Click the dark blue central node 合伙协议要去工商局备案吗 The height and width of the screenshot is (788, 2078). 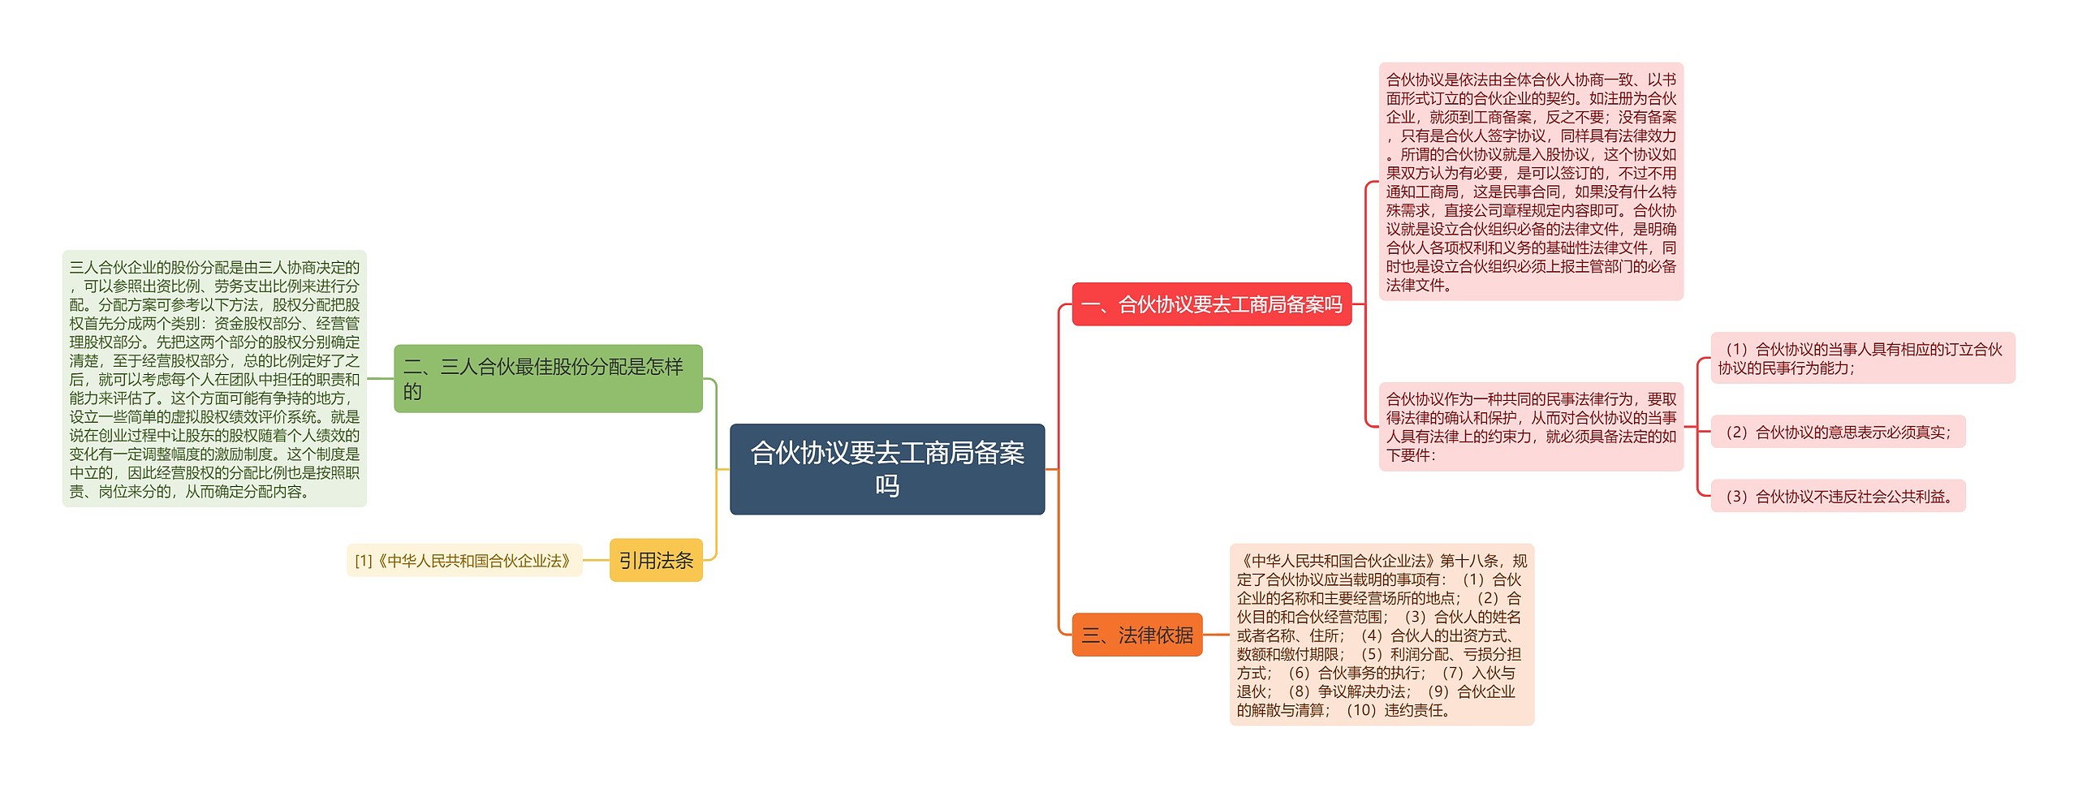point(886,468)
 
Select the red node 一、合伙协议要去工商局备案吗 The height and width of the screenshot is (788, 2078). point(1211,304)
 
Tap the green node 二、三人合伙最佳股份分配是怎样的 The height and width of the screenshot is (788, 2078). point(548,378)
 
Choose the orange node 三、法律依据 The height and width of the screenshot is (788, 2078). point(1136,635)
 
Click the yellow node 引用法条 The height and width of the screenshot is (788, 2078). point(656,560)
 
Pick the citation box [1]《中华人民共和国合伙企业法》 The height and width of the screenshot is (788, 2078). point(464,560)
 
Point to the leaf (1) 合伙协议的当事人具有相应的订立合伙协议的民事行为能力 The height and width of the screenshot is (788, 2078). point(1862,358)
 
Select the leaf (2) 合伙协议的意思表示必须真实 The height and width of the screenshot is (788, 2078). point(1838,432)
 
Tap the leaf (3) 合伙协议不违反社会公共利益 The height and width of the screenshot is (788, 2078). point(1838,496)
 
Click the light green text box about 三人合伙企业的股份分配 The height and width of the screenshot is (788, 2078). point(214,378)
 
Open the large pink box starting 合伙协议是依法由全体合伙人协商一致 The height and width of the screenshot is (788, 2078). point(1531,182)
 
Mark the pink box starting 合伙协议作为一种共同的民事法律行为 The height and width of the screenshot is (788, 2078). point(1531,427)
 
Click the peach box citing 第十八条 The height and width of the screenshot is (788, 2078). point(1382,635)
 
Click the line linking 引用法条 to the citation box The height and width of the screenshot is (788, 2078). point(596,560)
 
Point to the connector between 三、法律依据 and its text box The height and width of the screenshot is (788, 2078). point(1216,635)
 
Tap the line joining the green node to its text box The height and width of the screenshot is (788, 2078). point(380,378)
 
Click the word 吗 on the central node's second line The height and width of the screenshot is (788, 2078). point(886,485)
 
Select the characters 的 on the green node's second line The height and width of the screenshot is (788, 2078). point(412,392)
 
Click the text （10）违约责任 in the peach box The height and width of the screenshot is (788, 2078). point(1398,710)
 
